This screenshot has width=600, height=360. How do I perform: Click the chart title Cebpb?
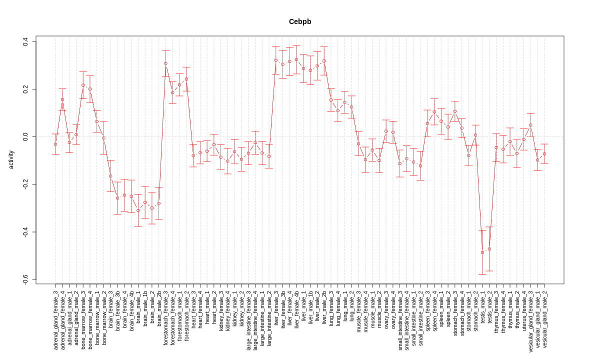click(x=300, y=21)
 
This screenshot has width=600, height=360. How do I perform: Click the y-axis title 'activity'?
click(x=11, y=159)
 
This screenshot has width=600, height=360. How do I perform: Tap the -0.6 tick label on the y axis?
click(x=25, y=279)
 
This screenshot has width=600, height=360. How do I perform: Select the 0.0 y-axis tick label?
click(x=25, y=136)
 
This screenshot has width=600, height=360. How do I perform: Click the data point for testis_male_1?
click(x=482, y=252)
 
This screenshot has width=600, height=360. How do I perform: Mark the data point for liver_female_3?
click(x=275, y=60)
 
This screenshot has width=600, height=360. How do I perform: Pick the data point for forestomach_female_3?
click(x=165, y=63)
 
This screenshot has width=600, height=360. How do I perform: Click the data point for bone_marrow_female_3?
click(x=83, y=85)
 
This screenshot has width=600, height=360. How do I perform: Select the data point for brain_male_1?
click(x=138, y=210)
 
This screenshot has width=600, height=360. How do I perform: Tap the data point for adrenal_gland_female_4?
click(x=62, y=99)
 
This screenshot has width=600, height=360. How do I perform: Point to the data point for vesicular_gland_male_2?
click(x=544, y=154)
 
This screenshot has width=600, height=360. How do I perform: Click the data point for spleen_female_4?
click(x=434, y=112)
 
